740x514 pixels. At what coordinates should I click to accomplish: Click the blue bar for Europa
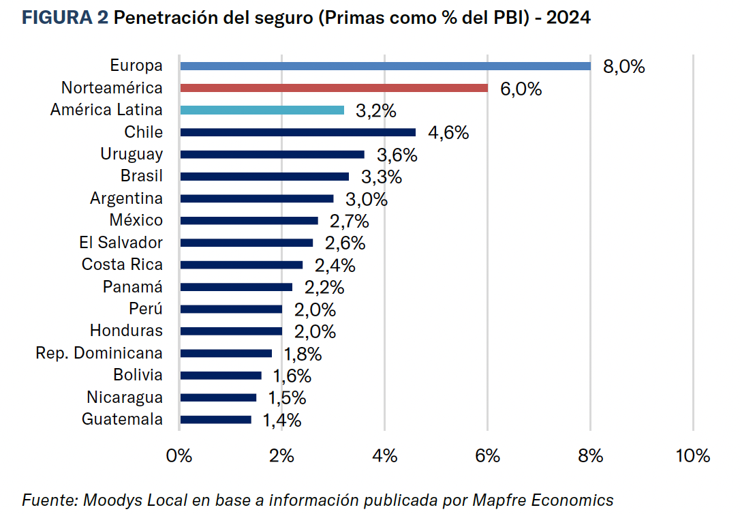click(x=385, y=66)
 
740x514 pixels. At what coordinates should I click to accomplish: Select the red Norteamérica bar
click(x=334, y=88)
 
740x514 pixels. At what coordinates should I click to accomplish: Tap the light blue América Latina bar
click(x=262, y=110)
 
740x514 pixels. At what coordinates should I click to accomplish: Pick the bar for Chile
click(x=298, y=132)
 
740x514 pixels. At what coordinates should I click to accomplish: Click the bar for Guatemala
click(x=216, y=420)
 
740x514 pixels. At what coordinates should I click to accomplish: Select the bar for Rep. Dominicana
click(x=226, y=353)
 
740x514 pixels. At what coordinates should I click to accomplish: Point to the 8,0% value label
click(x=623, y=67)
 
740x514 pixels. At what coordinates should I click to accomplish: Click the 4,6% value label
click(x=448, y=133)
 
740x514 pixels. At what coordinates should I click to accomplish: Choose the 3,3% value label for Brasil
click(x=382, y=177)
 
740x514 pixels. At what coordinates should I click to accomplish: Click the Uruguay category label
click(x=132, y=154)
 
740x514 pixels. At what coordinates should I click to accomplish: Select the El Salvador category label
click(x=121, y=243)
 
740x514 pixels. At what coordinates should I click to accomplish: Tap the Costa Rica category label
click(x=123, y=264)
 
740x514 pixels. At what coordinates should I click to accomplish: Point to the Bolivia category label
click(x=138, y=375)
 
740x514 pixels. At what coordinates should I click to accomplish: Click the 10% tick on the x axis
click(x=694, y=456)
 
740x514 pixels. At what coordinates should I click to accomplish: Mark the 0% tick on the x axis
click(x=179, y=456)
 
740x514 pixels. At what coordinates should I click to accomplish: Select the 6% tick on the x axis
click(x=488, y=456)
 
